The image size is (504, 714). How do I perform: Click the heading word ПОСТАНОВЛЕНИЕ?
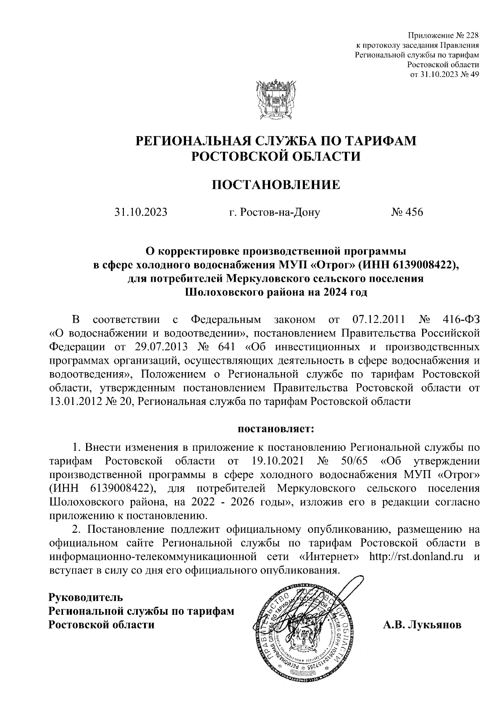pos(276,185)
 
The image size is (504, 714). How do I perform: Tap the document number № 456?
pos(407,212)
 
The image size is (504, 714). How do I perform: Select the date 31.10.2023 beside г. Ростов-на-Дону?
pos(141,212)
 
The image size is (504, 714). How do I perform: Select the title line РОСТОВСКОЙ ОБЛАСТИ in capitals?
pos(276,156)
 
